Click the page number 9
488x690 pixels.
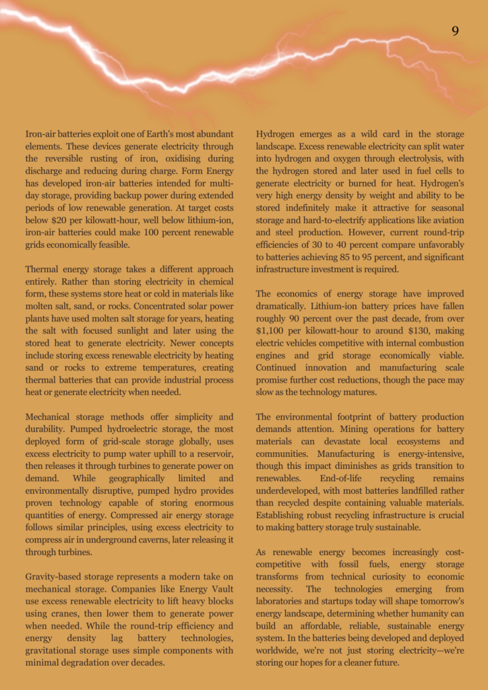coord(456,31)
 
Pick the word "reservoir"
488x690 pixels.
coord(210,454)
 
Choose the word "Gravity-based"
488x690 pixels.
coord(56,577)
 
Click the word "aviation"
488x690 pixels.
coord(446,220)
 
